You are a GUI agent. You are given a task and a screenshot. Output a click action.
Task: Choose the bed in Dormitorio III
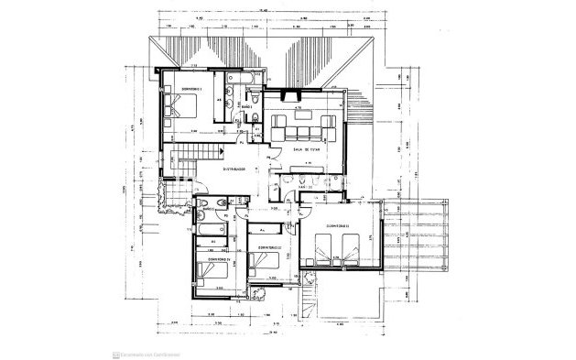(266, 267)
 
